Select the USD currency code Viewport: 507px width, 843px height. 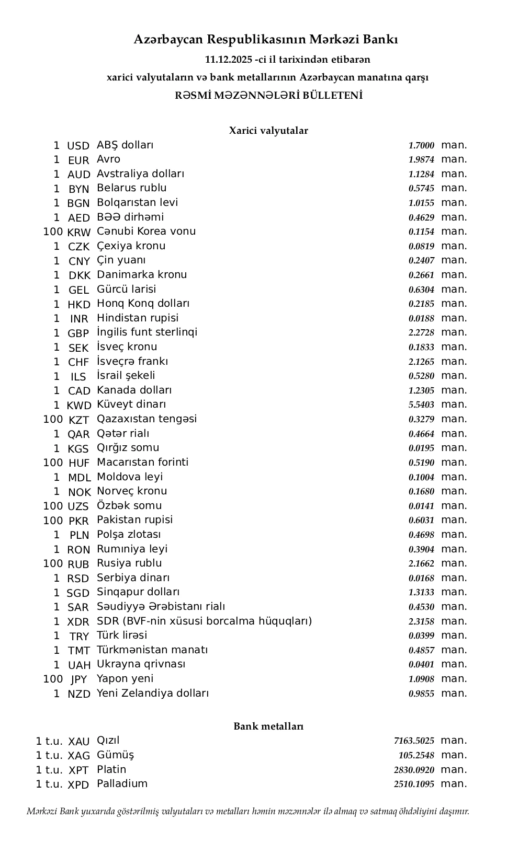pyautogui.click(x=78, y=146)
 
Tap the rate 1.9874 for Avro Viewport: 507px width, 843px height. pyautogui.click(x=421, y=160)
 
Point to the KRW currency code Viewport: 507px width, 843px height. pyautogui.click(x=79, y=233)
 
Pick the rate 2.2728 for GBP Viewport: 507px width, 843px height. pyautogui.click(x=421, y=333)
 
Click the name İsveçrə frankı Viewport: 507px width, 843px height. pyautogui.click(x=132, y=362)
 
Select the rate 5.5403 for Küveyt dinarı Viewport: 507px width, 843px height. pyautogui.click(x=421, y=405)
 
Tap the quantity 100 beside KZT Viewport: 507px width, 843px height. pyautogui.click(x=53, y=420)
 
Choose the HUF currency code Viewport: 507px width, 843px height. pyautogui.click(x=79, y=463)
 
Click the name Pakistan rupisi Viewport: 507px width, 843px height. pyautogui.click(x=135, y=520)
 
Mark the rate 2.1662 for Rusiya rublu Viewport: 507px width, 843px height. pyautogui.click(x=421, y=564)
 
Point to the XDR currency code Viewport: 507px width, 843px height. pyautogui.click(x=78, y=622)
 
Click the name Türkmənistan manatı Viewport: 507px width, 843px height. pyautogui.click(x=152, y=650)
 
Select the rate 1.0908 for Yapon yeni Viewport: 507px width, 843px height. pyautogui.click(x=421, y=679)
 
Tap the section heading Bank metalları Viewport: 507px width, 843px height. pyautogui.click(x=268, y=726)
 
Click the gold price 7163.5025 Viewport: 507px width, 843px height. pyautogui.click(x=414, y=741)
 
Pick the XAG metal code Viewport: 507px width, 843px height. pyautogui.click(x=79, y=756)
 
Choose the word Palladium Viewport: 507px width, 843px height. pyautogui.click(x=122, y=784)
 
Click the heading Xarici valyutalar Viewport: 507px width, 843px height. pyautogui.click(x=268, y=131)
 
